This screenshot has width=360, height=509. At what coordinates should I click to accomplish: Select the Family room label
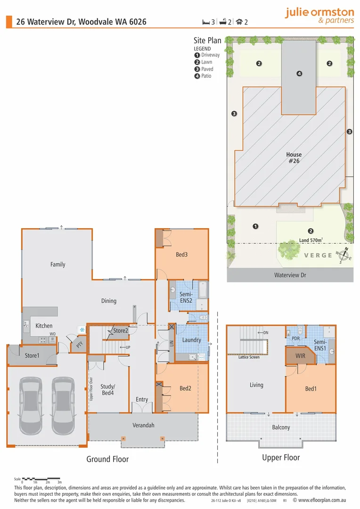pyautogui.click(x=58, y=264)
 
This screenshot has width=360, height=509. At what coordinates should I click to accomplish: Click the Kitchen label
pyautogui.click(x=44, y=326)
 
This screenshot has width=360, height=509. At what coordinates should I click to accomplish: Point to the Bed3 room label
pyautogui.click(x=182, y=255)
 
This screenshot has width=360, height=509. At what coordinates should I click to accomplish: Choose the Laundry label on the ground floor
pyautogui.click(x=191, y=340)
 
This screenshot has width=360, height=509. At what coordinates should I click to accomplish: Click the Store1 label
pyautogui.click(x=32, y=356)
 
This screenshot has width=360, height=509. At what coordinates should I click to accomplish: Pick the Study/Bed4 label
pyautogui.click(x=108, y=390)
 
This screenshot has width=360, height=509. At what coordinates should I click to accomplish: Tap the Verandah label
pyautogui.click(x=143, y=425)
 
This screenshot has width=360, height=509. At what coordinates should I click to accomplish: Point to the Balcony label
pyautogui.click(x=281, y=427)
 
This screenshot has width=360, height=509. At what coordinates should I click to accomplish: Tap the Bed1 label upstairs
pyautogui.click(x=311, y=389)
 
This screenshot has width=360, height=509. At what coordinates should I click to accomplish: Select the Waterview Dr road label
pyautogui.click(x=290, y=275)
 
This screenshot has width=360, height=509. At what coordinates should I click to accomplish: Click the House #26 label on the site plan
pyautogui.click(x=294, y=157)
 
